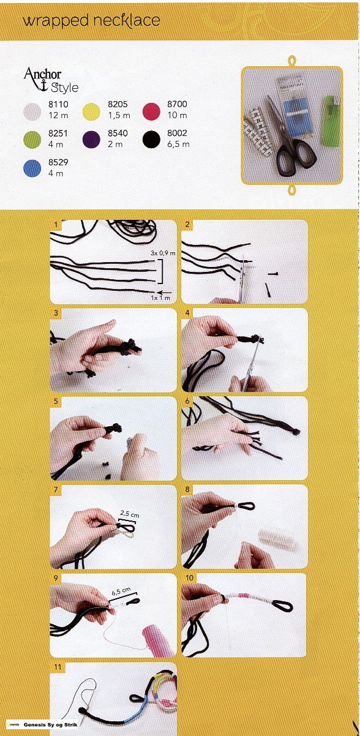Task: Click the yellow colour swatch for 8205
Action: click(x=91, y=111)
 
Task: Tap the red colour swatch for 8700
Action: click(x=151, y=111)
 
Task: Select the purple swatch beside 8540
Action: click(x=91, y=140)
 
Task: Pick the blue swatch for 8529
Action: click(x=32, y=168)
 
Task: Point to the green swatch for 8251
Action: click(x=32, y=140)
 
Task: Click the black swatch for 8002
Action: click(x=151, y=140)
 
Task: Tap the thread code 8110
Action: click(x=58, y=105)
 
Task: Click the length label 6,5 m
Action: click(x=178, y=144)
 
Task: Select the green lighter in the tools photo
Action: click(x=331, y=121)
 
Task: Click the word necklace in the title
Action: click(x=127, y=21)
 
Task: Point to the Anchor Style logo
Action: click(x=51, y=80)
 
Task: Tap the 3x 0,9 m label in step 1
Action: click(x=163, y=253)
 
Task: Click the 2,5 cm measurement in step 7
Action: click(x=129, y=514)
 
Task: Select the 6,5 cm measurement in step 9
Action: click(x=121, y=591)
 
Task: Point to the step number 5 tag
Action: click(x=56, y=401)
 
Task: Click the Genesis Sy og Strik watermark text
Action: click(x=50, y=724)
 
